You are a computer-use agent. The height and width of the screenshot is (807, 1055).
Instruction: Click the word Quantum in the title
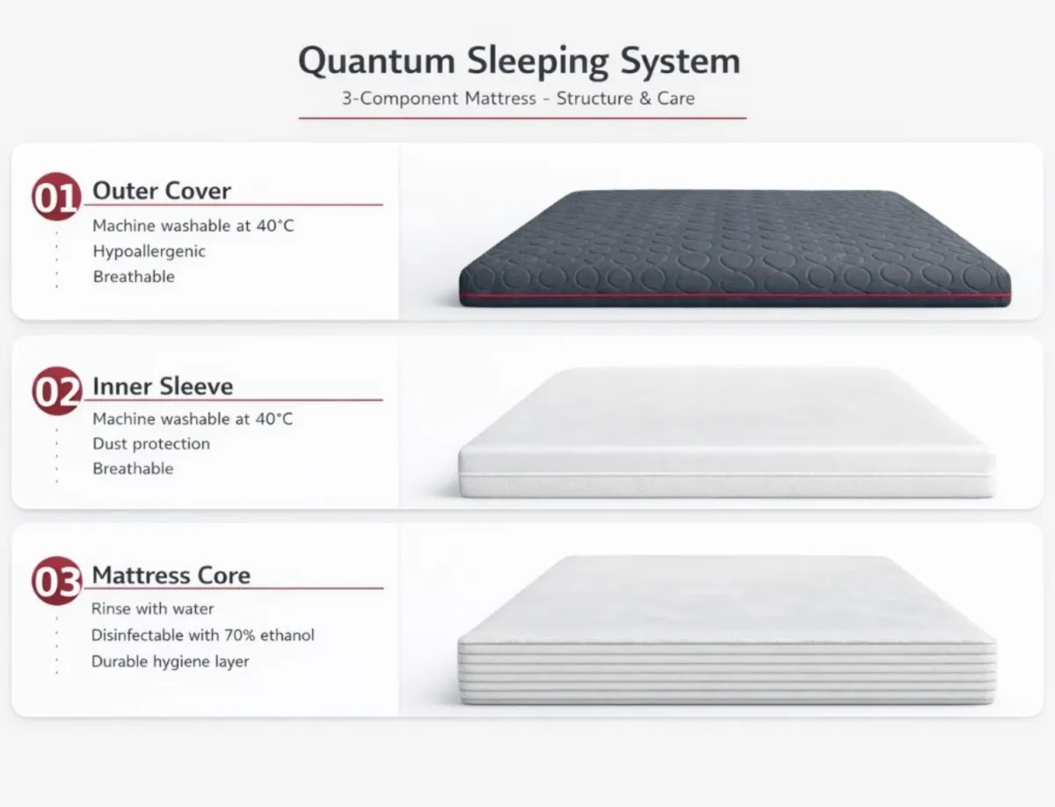point(376,62)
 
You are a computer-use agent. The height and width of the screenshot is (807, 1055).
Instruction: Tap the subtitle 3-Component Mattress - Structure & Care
point(518,98)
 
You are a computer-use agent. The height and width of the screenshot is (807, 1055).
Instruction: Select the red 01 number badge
point(57,197)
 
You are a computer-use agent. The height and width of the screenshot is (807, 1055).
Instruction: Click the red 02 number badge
point(57,391)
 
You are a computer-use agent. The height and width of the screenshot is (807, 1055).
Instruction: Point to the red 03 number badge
point(57,580)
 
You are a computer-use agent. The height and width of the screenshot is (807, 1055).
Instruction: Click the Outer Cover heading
point(162,191)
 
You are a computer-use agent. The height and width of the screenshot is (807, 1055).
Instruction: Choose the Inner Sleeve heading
point(163,387)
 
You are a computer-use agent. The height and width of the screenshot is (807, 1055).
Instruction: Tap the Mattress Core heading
point(171,575)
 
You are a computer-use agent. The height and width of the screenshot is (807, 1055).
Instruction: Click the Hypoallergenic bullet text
point(149,251)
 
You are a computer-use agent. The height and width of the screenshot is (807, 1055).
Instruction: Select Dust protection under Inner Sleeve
point(151,444)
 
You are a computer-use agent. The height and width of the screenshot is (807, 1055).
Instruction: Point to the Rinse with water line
point(152,609)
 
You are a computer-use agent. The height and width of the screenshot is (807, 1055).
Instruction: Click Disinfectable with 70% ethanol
point(203,635)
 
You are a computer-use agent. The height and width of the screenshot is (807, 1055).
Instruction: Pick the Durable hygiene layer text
point(171,662)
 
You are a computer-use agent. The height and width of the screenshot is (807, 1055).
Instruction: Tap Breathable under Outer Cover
point(134,276)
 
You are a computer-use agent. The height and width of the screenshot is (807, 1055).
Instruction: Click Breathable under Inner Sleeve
point(133,469)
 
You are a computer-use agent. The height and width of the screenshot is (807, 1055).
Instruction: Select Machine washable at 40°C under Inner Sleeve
point(193,418)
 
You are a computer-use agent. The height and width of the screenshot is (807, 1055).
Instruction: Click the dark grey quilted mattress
point(735,248)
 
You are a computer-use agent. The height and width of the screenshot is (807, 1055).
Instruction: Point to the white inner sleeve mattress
point(727,433)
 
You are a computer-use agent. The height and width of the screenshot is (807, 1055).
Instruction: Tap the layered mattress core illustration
point(727,630)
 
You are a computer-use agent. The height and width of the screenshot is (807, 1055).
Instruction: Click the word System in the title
point(680,62)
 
